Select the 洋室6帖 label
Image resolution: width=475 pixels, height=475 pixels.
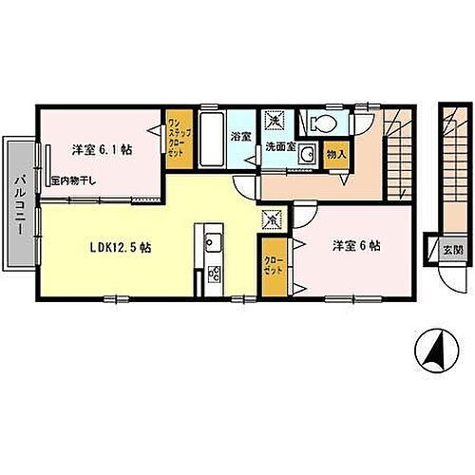(x=355, y=245)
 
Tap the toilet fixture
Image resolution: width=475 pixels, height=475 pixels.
(x=316, y=123)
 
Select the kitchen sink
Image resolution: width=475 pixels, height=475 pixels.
(x=211, y=237)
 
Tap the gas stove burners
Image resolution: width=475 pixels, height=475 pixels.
(x=213, y=275)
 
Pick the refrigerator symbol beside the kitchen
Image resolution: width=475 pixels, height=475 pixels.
(x=272, y=218)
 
